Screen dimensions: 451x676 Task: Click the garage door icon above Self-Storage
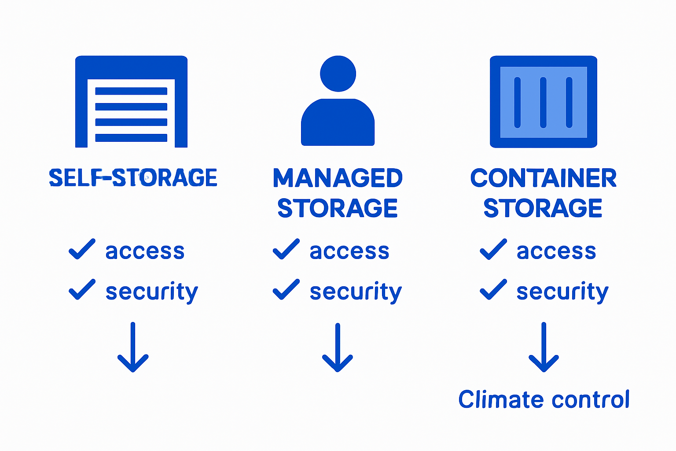tap(131, 101)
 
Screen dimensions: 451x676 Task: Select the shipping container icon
tap(544, 101)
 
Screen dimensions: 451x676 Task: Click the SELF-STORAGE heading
tap(133, 178)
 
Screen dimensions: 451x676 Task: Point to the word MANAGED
tap(338, 178)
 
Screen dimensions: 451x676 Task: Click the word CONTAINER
tap(544, 178)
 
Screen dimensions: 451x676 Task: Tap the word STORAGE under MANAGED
tap(338, 208)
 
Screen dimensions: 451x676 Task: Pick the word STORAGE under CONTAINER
tap(543, 208)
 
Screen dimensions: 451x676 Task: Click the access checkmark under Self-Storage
tap(82, 249)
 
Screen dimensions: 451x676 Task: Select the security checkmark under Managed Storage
tap(286, 289)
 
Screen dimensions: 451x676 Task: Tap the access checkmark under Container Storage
tap(493, 249)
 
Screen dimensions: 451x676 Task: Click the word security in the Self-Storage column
tap(152, 292)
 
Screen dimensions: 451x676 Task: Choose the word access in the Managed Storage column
tap(349, 251)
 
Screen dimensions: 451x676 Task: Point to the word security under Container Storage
tap(562, 292)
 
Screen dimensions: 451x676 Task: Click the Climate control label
tap(544, 399)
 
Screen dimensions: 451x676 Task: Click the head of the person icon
tap(338, 74)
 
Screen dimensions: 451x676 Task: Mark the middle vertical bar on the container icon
tap(543, 102)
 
